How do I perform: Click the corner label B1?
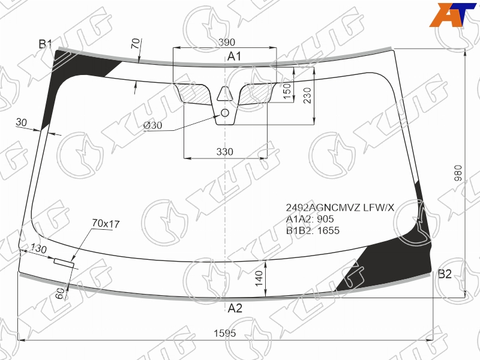point(46,44)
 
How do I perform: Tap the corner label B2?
point(445,274)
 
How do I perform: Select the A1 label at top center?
point(234,56)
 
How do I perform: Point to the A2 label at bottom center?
point(235,308)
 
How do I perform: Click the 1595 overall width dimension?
point(224,333)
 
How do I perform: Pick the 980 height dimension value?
point(458,173)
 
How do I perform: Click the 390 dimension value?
point(227,42)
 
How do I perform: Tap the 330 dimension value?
point(224,152)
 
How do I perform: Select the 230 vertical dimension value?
point(307,95)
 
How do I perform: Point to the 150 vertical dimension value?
point(287,91)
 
